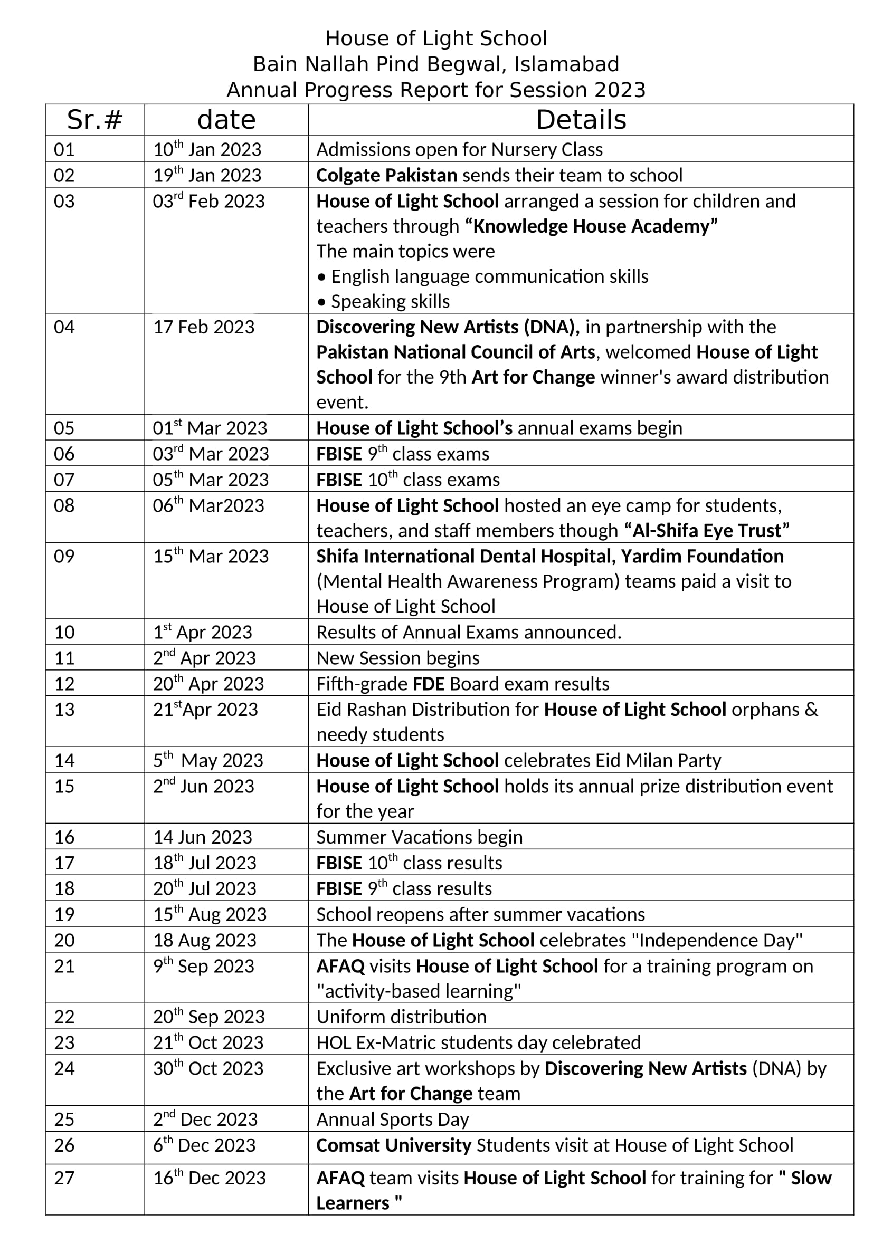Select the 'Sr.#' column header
pyautogui.click(x=94, y=120)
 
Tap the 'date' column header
pyautogui.click(x=226, y=120)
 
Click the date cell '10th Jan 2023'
pyautogui.click(x=207, y=149)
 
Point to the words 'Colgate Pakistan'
pyautogui.click(x=386, y=175)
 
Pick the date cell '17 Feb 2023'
pyautogui.click(x=204, y=327)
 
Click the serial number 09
pyautogui.click(x=64, y=556)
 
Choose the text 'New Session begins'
pyautogui.click(x=398, y=658)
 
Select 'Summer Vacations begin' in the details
pyautogui.click(x=419, y=837)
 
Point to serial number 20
pyautogui.click(x=64, y=940)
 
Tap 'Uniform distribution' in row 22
pyautogui.click(x=401, y=1017)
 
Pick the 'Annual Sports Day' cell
pyautogui.click(x=392, y=1119)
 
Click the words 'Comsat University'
pyautogui.click(x=394, y=1145)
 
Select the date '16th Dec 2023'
pyautogui.click(x=209, y=1178)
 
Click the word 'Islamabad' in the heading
pyautogui.click(x=566, y=64)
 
